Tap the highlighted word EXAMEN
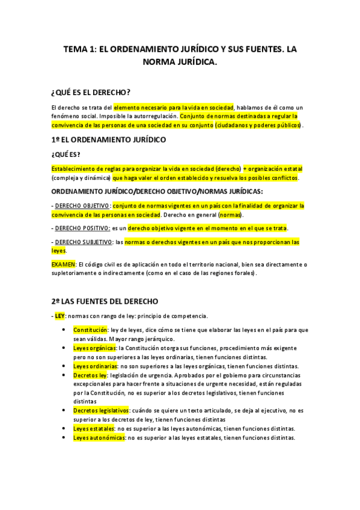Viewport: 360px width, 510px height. point(64,264)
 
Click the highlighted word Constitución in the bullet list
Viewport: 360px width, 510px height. point(90,330)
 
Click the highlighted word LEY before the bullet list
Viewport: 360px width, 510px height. point(59,315)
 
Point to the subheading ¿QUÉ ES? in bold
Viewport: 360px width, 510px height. point(66,155)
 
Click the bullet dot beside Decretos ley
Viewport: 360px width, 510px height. point(64,375)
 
